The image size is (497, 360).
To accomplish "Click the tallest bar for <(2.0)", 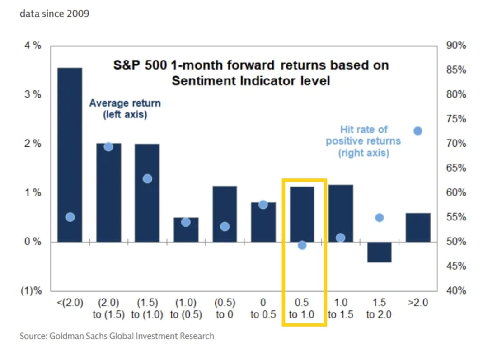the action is (70, 155).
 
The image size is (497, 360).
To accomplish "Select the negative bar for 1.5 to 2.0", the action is (380, 252).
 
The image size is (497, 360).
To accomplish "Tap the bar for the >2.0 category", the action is (418, 228).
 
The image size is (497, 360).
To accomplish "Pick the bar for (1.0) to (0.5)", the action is (186, 230).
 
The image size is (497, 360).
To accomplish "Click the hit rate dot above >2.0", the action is (418, 131).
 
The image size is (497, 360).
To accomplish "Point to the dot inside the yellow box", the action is (302, 245).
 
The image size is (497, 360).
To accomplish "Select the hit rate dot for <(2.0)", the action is (70, 217).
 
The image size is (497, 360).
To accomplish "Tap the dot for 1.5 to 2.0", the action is (380, 218).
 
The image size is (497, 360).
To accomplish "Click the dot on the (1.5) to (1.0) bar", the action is (147, 179).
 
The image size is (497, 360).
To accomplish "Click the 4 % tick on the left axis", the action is (33, 45).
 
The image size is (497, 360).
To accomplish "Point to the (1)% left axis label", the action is (31, 290).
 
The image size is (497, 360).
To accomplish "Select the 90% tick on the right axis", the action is (456, 45).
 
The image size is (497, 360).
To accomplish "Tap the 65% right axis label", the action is (456, 168).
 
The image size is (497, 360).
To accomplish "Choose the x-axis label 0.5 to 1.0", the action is (301, 309).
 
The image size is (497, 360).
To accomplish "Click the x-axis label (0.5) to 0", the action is (225, 309).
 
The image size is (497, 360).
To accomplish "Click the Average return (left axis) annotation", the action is (125, 109).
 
